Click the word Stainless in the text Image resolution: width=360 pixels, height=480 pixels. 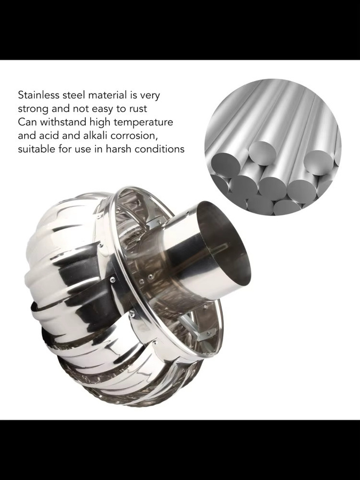click(38, 95)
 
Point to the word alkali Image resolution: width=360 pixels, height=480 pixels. click(96, 135)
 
